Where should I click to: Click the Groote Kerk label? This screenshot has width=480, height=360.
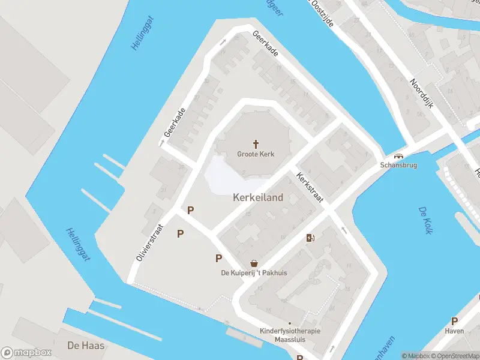(x=256, y=154)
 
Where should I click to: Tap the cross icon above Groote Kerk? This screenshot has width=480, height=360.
(x=256, y=144)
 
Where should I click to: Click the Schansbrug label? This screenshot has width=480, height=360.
(x=398, y=165)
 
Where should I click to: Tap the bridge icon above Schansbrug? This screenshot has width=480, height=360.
(x=398, y=155)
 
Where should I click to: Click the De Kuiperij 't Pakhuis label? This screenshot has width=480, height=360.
(x=255, y=273)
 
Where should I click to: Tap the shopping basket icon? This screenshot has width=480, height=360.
(x=255, y=263)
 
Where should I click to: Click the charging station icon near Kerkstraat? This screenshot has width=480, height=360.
(x=310, y=238)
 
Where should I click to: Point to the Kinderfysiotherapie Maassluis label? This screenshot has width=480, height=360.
(x=290, y=335)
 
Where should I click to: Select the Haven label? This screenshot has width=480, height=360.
(x=454, y=331)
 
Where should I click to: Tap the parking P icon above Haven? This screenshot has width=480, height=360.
(x=454, y=321)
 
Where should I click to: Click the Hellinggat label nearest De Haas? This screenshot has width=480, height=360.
(x=77, y=244)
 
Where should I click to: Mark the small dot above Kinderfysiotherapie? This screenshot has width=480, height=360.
(x=290, y=323)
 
